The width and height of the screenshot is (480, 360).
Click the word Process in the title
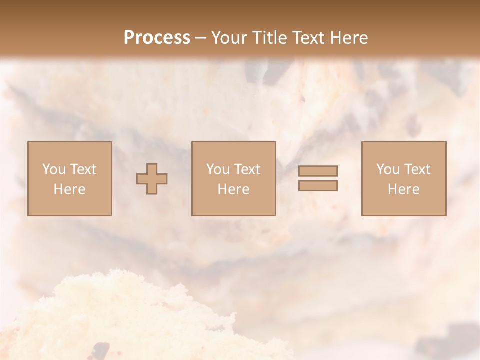157,37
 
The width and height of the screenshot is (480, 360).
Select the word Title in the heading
270,37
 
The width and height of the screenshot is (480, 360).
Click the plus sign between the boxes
152,179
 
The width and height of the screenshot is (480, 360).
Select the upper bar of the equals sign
318,171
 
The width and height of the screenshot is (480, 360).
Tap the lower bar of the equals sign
318,186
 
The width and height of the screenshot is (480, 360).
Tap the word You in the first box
53,169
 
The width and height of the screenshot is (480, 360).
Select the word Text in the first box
82,169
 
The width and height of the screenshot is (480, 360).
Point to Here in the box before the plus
70,189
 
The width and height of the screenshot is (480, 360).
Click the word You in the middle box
217,169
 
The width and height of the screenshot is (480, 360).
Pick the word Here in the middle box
234,189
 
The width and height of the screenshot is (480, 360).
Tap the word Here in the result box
404,189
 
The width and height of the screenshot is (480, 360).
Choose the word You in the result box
387,169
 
